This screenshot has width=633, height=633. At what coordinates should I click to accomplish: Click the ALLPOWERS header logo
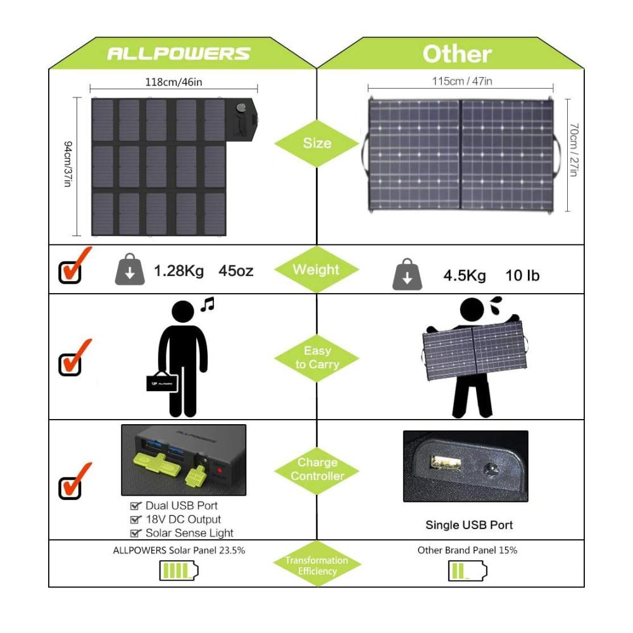point(179,53)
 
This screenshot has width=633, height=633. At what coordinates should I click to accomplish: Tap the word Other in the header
point(457,54)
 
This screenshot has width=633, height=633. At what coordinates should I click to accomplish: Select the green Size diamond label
point(316,143)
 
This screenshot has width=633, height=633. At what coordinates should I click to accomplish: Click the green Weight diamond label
point(316,270)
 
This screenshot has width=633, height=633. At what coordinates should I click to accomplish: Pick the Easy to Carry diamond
point(316,358)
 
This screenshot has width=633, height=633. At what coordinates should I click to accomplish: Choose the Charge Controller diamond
point(316,469)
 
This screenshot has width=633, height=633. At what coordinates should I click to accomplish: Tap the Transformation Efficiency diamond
point(316,565)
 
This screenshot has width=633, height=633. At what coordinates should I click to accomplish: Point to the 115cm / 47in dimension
point(462,81)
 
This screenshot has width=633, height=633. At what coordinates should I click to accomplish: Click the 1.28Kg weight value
point(179,271)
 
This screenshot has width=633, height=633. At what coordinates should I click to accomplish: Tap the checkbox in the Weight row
point(71,270)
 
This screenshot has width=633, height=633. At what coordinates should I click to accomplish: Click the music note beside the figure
point(207,304)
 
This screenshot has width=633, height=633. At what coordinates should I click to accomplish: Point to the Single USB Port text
point(469,525)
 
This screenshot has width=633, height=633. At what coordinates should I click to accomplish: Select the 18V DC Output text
point(183,519)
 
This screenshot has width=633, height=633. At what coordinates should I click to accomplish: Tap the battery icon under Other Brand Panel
point(468,571)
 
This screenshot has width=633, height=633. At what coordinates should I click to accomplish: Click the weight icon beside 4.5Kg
point(407,276)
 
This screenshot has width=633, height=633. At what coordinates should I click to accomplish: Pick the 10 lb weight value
point(522,276)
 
